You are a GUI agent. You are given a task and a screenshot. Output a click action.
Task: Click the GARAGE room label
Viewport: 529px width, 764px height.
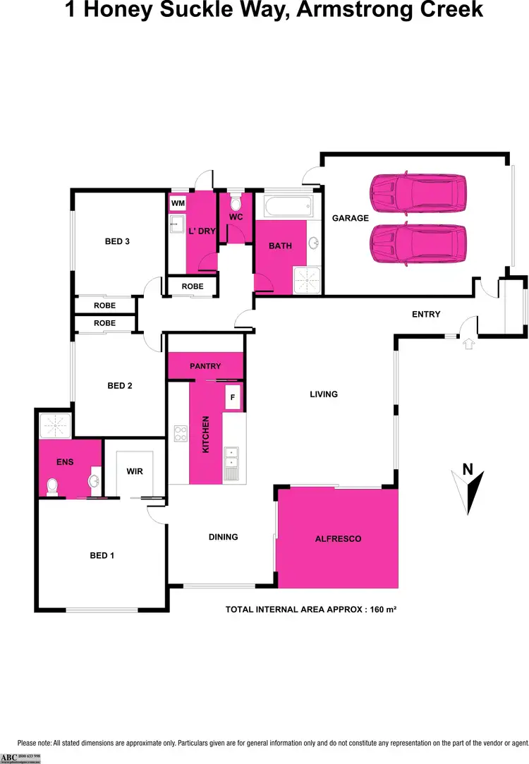coord(351,218)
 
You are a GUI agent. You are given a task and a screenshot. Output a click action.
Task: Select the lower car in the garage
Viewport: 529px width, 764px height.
coord(418,243)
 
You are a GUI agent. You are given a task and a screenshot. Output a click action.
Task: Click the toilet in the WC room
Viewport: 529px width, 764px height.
coord(236,200)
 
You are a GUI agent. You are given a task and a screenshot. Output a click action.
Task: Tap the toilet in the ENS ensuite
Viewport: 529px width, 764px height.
coord(51,486)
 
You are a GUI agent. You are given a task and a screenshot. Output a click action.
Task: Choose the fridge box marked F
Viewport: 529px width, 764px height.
coord(233,397)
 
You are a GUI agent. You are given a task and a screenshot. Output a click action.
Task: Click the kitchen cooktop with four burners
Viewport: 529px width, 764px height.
coord(180,431)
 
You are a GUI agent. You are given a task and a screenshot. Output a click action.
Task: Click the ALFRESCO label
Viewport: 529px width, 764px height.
coord(338,539)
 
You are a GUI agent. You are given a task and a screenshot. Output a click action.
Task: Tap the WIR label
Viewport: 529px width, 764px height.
coord(135,471)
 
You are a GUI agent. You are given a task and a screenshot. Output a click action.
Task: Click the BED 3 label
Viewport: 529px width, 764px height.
coord(117,241)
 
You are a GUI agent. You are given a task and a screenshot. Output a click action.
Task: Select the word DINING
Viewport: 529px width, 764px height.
coord(223,537)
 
